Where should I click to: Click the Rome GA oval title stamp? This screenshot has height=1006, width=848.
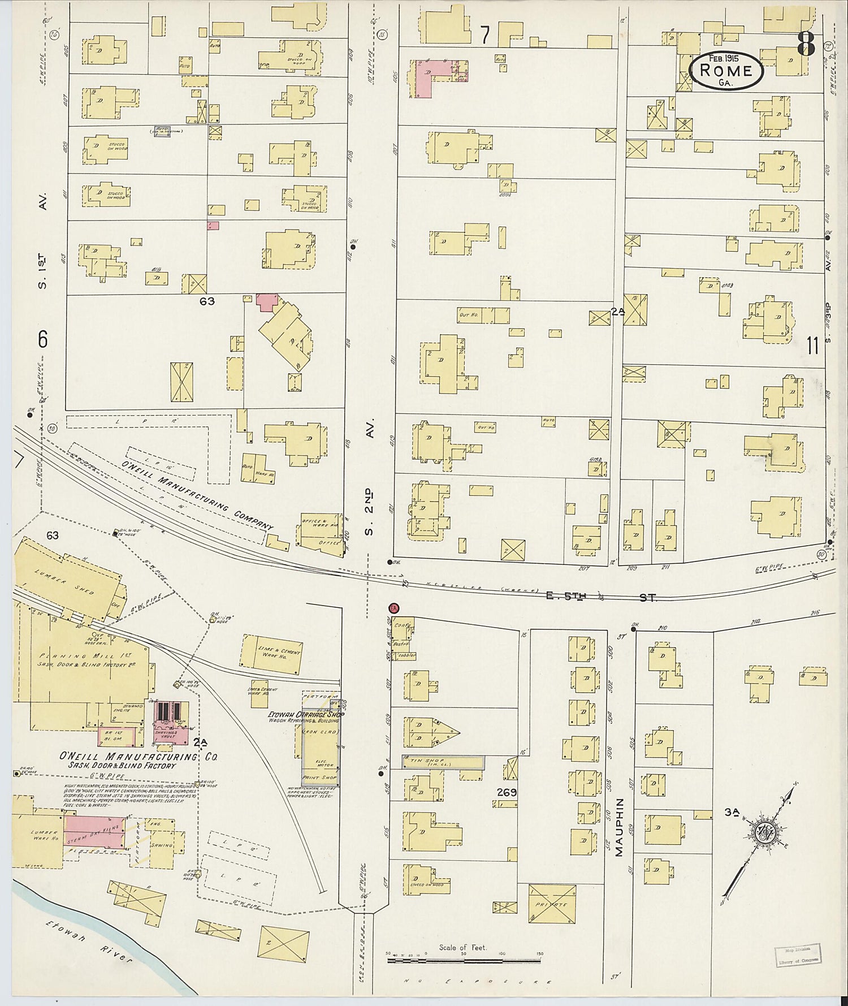point(726,70)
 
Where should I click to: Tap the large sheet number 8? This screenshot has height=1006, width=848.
point(806,44)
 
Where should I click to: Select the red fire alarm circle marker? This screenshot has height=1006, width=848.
point(393,608)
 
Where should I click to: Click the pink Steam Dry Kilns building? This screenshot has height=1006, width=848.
point(95,831)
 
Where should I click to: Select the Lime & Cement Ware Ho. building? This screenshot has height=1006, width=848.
point(272,654)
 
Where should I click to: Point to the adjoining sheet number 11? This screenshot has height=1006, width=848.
point(812,345)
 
